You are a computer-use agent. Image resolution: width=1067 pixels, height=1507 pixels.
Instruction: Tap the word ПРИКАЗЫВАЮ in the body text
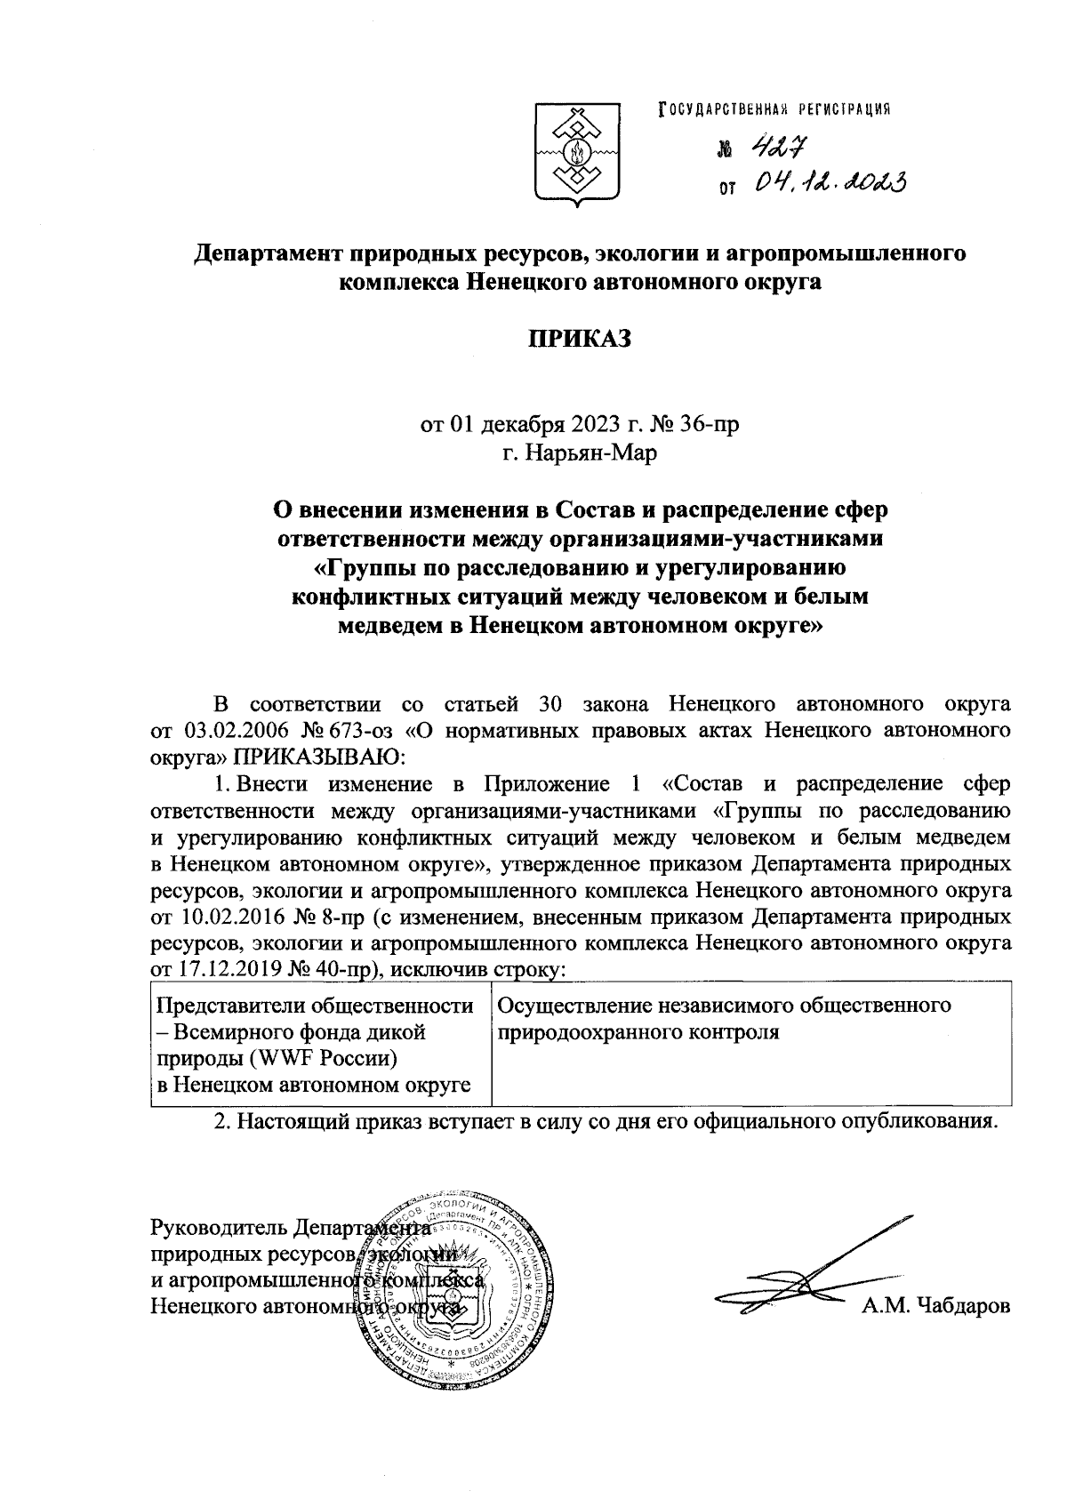click(x=318, y=757)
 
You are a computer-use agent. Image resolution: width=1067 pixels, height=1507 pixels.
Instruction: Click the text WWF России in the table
click(x=322, y=1059)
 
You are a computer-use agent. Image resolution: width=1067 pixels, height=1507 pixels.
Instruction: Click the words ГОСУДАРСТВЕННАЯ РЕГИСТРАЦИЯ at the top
click(x=774, y=108)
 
